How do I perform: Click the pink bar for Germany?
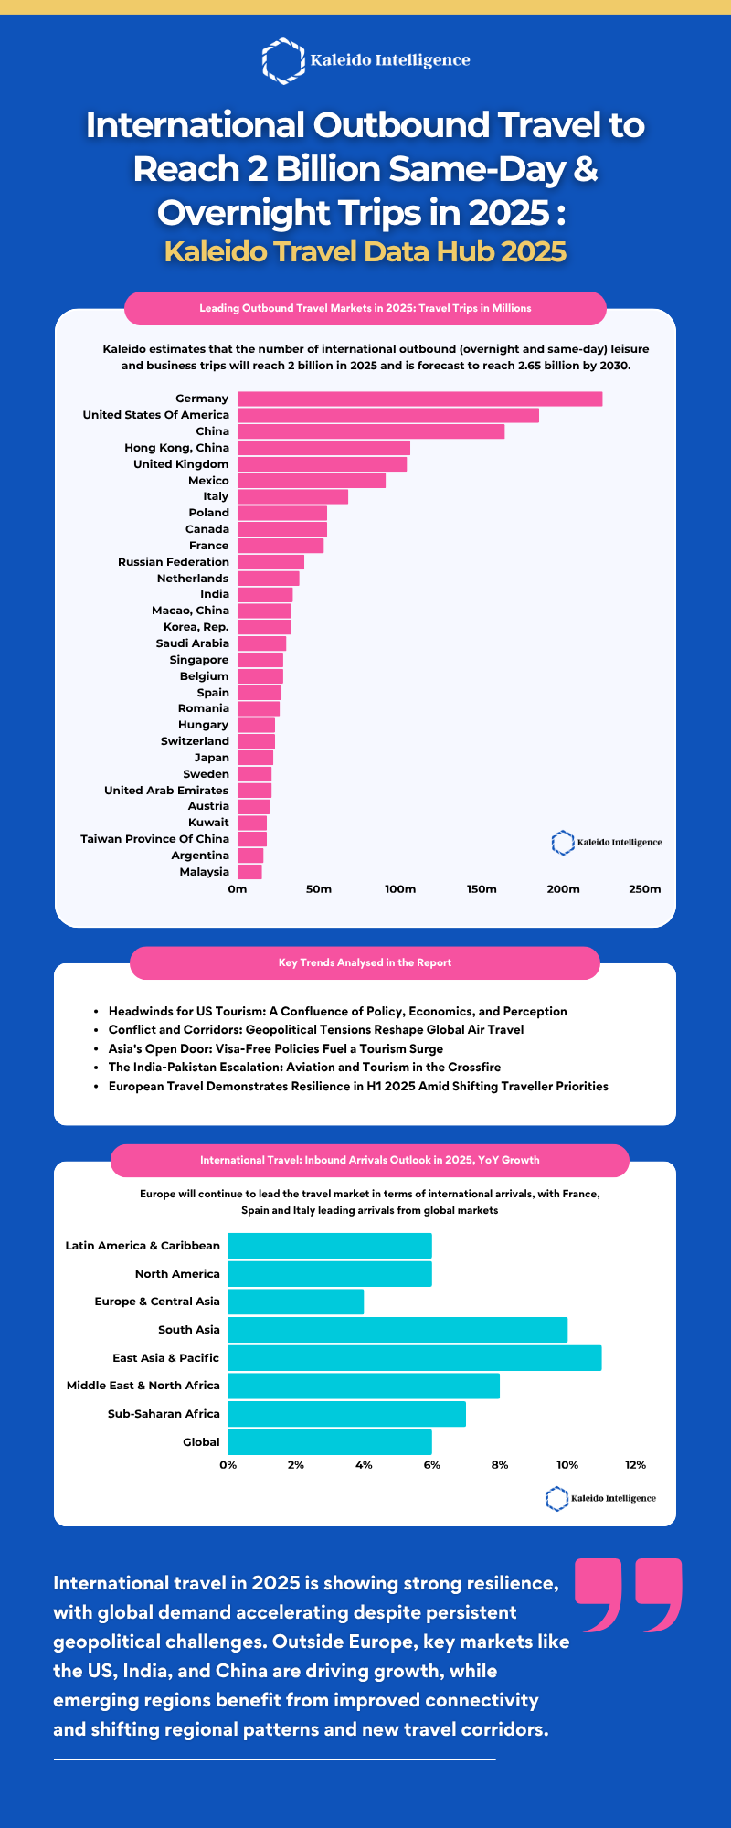pyautogui.click(x=419, y=399)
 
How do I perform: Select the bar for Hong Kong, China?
pyautogui.click(x=323, y=448)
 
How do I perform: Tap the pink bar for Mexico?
pyautogui.click(x=312, y=481)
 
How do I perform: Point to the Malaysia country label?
pyautogui.click(x=204, y=872)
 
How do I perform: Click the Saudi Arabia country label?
pyautogui.click(x=192, y=643)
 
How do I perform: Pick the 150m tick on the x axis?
pyautogui.click(x=482, y=889)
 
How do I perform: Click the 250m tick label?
pyautogui.click(x=644, y=889)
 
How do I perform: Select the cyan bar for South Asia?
pyautogui.click(x=397, y=1330)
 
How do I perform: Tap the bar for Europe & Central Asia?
pyautogui.click(x=296, y=1302)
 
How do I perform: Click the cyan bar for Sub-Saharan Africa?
pyautogui.click(x=347, y=1414)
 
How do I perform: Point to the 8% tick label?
pyautogui.click(x=500, y=1465)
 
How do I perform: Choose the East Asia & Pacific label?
pyautogui.click(x=165, y=1358)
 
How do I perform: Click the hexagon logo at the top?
pyautogui.click(x=283, y=60)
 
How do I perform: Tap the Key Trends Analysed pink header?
pyautogui.click(x=365, y=962)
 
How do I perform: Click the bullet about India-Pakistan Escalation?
pyautogui.click(x=304, y=1068)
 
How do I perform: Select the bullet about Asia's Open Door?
pyautogui.click(x=275, y=1048)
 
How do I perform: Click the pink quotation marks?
pyautogui.click(x=629, y=1595)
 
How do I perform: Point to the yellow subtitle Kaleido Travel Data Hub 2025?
pyautogui.click(x=365, y=251)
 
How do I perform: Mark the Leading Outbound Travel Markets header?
pyautogui.click(x=365, y=308)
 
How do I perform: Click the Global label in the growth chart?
pyautogui.click(x=201, y=1442)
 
